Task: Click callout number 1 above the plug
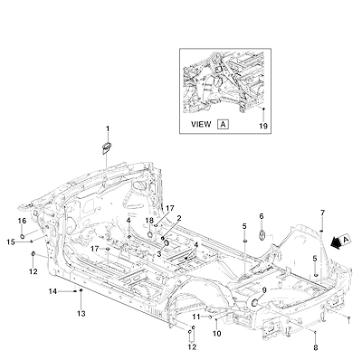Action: click(x=108, y=129)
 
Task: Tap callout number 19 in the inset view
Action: click(x=263, y=126)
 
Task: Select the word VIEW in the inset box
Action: click(x=201, y=124)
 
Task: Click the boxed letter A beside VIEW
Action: click(x=223, y=124)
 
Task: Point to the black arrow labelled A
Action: click(x=336, y=242)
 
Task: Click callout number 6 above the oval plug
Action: click(x=262, y=216)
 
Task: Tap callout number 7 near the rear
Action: click(x=322, y=213)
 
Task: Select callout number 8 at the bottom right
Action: click(x=316, y=347)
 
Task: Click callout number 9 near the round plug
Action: click(x=264, y=290)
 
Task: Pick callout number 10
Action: click(x=217, y=334)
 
